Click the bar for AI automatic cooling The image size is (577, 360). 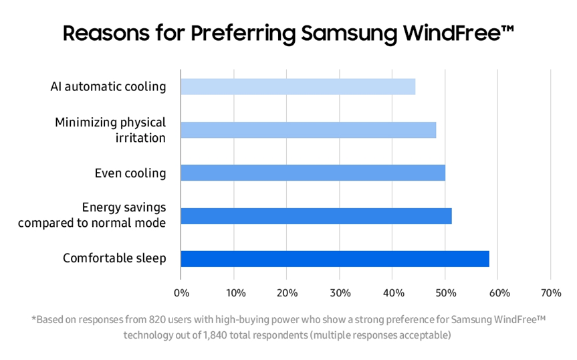click(298, 87)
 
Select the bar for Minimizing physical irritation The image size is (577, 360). click(308, 130)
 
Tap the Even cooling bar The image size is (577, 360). click(313, 173)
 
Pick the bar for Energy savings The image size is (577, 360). click(316, 215)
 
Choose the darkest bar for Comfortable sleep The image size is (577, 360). click(335, 258)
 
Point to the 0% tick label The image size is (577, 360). click(181, 292)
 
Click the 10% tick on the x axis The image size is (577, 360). click(235, 292)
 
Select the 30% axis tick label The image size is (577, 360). click(340, 292)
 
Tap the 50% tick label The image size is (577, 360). click(446, 292)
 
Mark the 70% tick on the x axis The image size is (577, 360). click(552, 292)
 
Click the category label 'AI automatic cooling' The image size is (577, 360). click(108, 87)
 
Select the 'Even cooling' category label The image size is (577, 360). click(130, 173)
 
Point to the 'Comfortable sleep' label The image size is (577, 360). click(114, 258)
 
